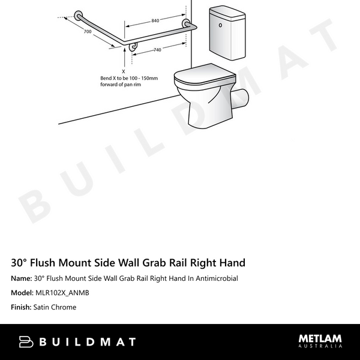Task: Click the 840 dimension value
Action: (x=155, y=20)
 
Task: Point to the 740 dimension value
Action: (x=157, y=50)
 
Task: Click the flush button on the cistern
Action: (x=221, y=26)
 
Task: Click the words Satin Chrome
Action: (x=55, y=307)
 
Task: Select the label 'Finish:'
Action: (x=21, y=307)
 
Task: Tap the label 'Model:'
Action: (x=22, y=293)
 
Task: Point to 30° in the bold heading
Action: (x=19, y=263)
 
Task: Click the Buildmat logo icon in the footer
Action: (x=26, y=342)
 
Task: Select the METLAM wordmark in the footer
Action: (x=320, y=338)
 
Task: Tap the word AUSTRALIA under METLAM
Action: (x=320, y=346)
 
